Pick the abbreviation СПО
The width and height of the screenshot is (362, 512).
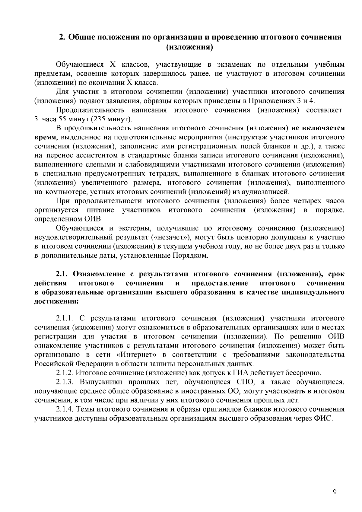coord(246,382)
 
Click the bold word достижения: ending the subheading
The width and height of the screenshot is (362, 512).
coord(56,301)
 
